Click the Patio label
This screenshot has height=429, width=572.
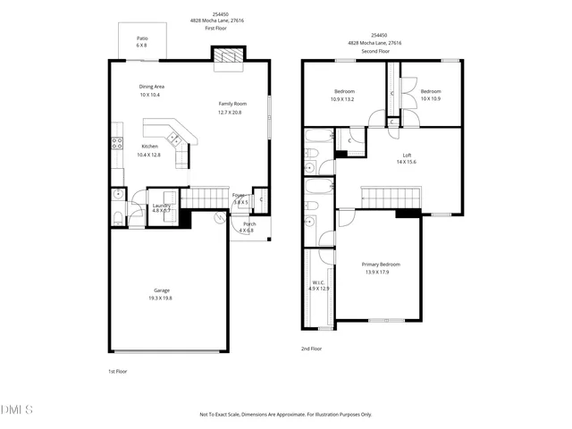(x=142, y=38)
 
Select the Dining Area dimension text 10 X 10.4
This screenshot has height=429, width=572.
(x=150, y=95)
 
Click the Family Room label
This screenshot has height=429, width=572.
(x=233, y=104)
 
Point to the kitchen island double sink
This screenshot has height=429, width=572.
(x=175, y=139)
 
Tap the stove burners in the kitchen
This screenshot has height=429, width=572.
(x=116, y=143)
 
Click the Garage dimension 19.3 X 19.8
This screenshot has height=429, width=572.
(x=160, y=298)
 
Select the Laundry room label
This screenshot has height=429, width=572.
(x=161, y=206)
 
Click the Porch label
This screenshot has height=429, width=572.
(x=249, y=223)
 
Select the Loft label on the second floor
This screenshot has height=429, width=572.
(x=407, y=155)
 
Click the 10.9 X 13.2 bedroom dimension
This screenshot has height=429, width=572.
(x=344, y=99)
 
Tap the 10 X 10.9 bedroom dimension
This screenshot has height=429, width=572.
(x=431, y=98)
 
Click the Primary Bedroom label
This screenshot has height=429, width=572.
(x=381, y=265)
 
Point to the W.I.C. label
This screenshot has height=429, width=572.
(x=319, y=282)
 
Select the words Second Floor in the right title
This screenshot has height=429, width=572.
(x=374, y=51)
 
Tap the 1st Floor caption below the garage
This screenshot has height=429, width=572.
(x=117, y=371)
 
